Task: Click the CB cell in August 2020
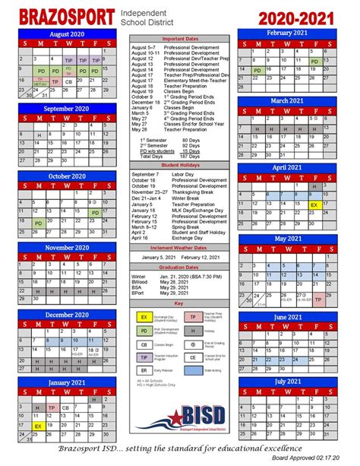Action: coord(69,81)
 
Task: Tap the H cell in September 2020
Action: coord(39,135)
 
